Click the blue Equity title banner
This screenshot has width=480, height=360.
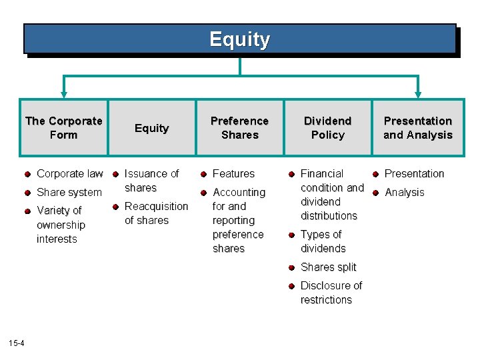tap(239, 39)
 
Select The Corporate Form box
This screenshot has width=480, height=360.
tap(63, 128)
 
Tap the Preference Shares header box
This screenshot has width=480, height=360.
tap(239, 128)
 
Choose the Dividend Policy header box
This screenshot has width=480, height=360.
tap(327, 128)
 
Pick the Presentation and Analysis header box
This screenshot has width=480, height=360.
tap(417, 128)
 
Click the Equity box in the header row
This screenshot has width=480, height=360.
tap(151, 128)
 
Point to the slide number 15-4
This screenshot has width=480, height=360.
tap(16, 343)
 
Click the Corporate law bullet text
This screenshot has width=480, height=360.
tap(69, 174)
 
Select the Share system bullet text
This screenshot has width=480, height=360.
tap(69, 193)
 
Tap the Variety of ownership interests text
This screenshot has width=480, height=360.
tap(61, 225)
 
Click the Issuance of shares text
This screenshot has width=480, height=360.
tap(151, 181)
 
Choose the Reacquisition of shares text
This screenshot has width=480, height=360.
tap(156, 213)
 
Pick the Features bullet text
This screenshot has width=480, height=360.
tap(233, 174)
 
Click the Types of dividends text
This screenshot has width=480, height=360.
tap(323, 241)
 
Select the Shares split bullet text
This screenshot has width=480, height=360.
tap(328, 267)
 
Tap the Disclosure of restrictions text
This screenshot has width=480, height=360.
tap(331, 293)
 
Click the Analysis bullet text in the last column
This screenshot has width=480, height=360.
tap(404, 193)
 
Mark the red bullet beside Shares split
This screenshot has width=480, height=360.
tap(291, 267)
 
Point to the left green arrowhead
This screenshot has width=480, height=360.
tap(64, 95)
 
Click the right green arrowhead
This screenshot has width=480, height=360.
tap(418, 95)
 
